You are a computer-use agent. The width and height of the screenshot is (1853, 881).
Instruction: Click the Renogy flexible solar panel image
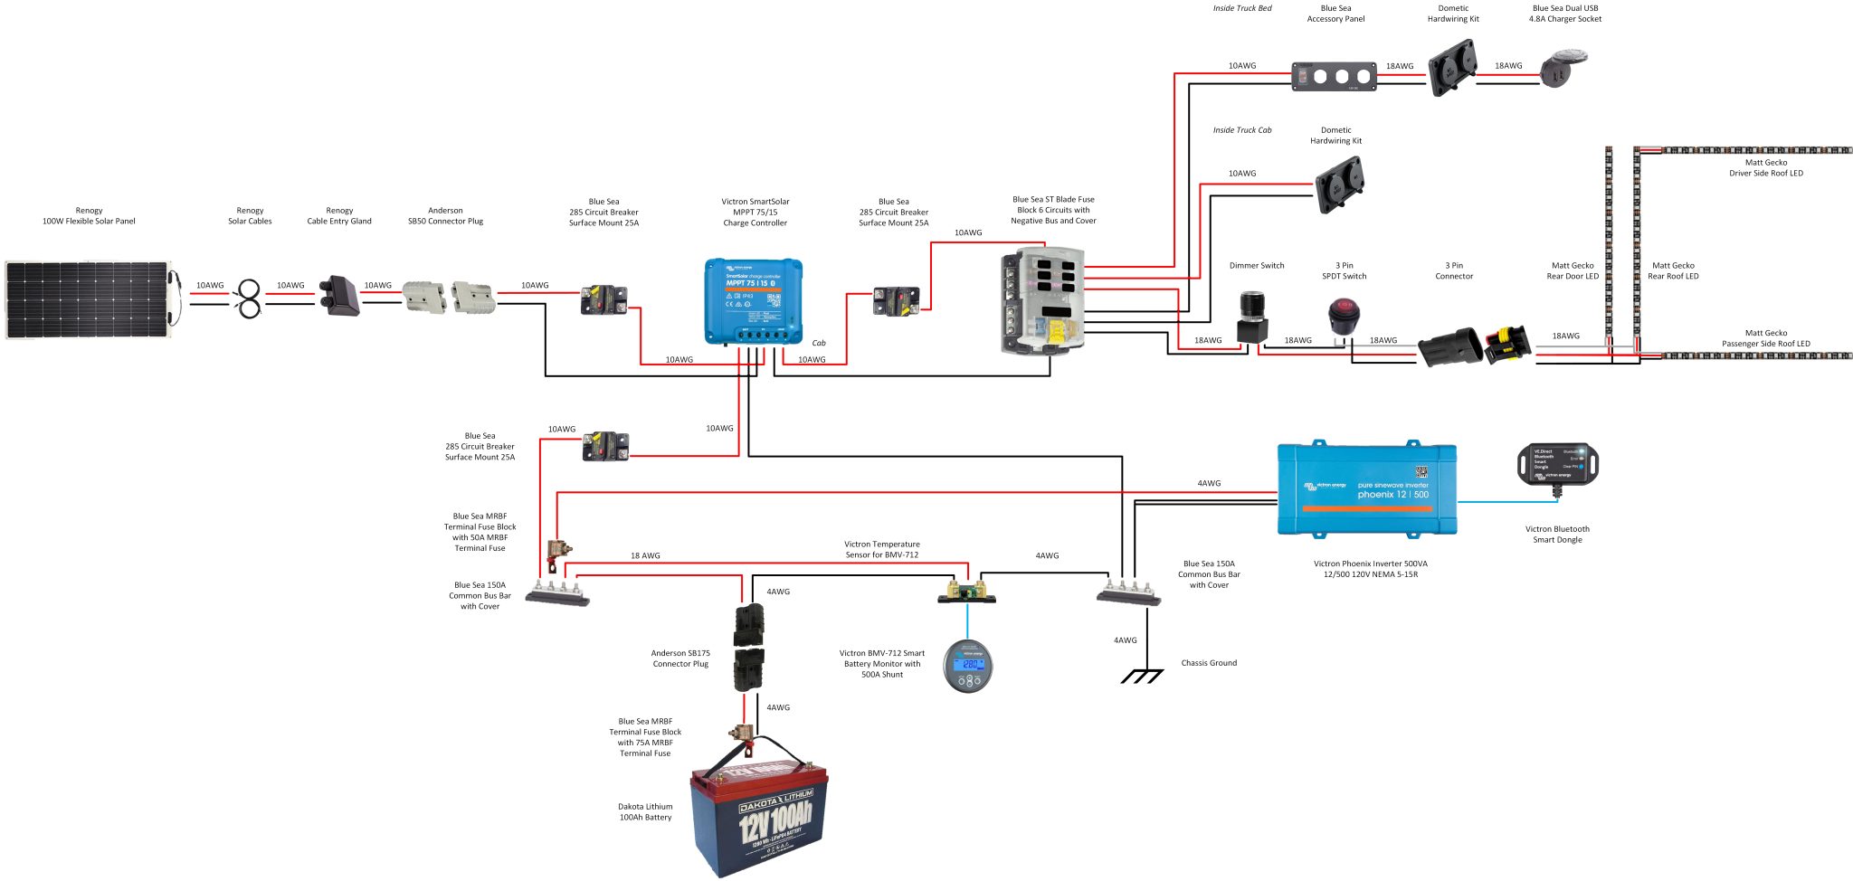coord(88,299)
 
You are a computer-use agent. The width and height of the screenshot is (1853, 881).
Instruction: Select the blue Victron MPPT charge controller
coord(754,301)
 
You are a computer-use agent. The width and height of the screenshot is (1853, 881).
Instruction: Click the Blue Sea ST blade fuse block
coord(1041,299)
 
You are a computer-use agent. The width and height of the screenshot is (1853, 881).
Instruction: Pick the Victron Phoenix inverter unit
coord(1366,489)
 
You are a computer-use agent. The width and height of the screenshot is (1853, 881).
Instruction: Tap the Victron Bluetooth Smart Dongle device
coord(1557,464)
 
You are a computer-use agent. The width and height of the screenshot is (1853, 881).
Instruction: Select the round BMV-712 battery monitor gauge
coord(968,666)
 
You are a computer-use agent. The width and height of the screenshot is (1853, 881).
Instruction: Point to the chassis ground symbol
coord(1142,676)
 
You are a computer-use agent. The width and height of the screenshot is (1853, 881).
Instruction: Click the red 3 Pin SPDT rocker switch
coord(1344,316)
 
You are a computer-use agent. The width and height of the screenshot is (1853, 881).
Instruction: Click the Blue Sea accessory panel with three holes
coord(1335,76)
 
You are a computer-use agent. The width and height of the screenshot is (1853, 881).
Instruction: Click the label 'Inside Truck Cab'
coord(1241,130)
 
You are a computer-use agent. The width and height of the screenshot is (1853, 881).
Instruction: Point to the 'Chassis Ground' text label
coord(1209,663)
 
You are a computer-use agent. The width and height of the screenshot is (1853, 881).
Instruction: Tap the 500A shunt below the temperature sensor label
coord(966,592)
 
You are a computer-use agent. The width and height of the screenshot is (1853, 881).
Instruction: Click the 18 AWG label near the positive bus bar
coord(645,555)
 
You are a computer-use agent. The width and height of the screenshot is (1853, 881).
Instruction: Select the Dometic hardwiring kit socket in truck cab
coord(1339,185)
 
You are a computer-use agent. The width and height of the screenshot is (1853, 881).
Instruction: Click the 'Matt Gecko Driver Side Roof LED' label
coord(1765,168)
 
